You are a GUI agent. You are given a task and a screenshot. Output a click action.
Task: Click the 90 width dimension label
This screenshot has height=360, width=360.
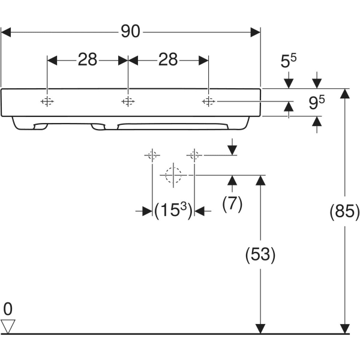pyautogui.click(x=130, y=31)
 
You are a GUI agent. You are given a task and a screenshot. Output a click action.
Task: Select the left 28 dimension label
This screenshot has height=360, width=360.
pyautogui.click(x=87, y=59)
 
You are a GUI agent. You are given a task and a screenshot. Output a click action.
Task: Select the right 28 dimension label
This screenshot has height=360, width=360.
pyautogui.click(x=168, y=59)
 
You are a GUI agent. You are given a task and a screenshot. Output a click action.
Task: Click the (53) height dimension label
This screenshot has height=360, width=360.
pyautogui.click(x=260, y=254)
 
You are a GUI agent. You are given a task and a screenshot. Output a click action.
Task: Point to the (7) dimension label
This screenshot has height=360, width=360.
pyautogui.click(x=232, y=204)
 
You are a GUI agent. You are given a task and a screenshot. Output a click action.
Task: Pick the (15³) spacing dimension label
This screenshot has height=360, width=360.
pyautogui.click(x=173, y=211)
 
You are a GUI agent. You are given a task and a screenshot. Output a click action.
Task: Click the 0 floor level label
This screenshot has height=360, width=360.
pyautogui.click(x=8, y=309)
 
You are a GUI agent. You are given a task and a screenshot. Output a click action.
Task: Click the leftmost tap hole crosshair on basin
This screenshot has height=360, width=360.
pyautogui.click(x=47, y=101)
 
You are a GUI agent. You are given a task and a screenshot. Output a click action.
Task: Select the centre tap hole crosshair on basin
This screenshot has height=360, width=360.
pyautogui.click(x=127, y=101)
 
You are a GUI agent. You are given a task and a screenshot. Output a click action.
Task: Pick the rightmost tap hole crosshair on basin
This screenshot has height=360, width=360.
pyautogui.click(x=208, y=101)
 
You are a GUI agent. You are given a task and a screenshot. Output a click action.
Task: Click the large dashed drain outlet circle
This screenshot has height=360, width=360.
pyautogui.click(x=173, y=175)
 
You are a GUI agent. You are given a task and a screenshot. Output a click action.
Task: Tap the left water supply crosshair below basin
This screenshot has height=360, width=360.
pyautogui.click(x=151, y=155)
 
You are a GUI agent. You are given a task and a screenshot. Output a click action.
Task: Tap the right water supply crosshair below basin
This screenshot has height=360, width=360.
pyautogui.click(x=193, y=155)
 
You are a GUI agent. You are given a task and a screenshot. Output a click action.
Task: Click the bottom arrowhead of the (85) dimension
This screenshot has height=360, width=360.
pyautogui.click(x=344, y=328)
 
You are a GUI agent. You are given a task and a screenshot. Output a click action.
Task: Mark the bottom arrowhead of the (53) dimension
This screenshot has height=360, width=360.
pyautogui.click(x=260, y=328)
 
